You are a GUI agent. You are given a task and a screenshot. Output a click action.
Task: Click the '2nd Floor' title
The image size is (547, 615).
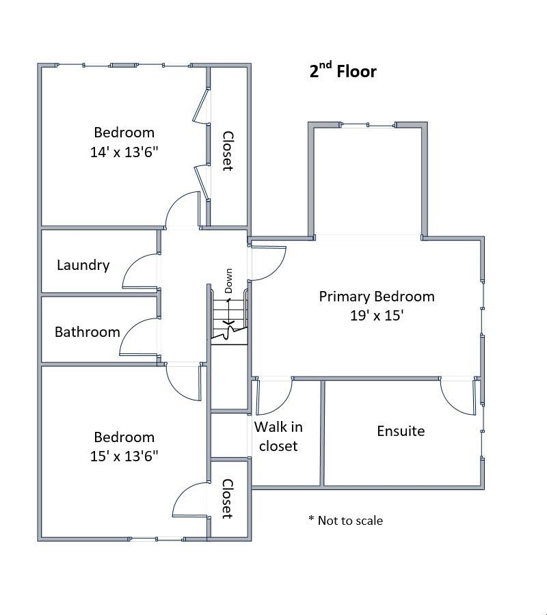click(x=343, y=71)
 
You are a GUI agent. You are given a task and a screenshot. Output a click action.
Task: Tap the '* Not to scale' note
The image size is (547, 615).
click(x=345, y=521)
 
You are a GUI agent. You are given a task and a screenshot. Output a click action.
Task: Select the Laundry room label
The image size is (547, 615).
click(x=83, y=265)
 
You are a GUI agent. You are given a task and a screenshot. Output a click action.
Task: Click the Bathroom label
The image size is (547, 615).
click(x=87, y=332)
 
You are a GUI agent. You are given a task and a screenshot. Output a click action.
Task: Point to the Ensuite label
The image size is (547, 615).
click(x=401, y=431)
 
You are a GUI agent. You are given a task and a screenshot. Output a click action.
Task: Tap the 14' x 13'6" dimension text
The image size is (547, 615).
click(x=124, y=152)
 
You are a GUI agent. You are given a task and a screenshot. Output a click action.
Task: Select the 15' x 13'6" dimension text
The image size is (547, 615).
click(x=124, y=456)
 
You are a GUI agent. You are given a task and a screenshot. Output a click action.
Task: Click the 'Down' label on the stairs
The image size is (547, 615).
click(x=228, y=280)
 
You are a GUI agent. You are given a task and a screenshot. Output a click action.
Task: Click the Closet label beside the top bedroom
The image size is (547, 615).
click(x=228, y=151)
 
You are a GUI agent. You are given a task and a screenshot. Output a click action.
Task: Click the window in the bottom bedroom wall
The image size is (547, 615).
click(x=157, y=539)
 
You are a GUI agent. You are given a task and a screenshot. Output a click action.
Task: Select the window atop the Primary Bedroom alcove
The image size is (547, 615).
click(x=369, y=125)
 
